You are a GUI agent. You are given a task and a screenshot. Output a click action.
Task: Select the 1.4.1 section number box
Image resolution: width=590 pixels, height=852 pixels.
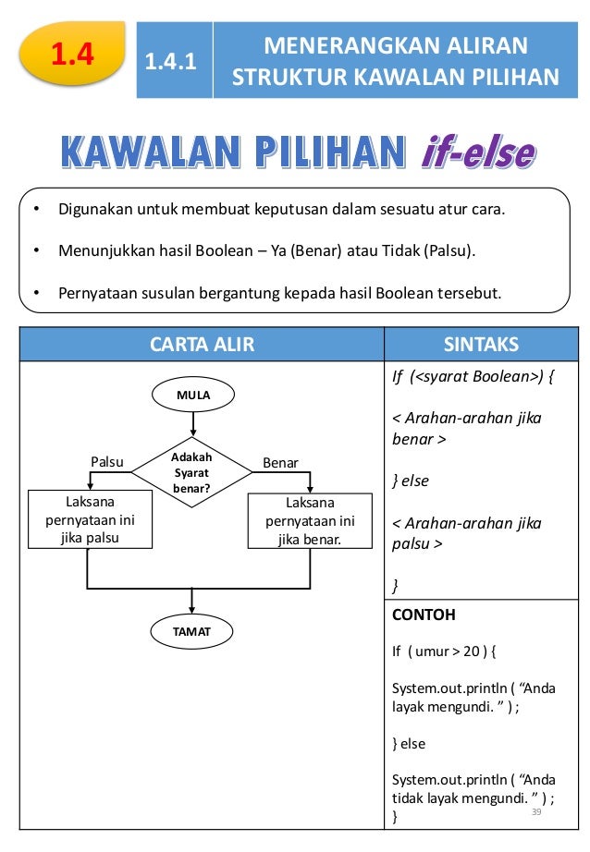pos(175,62)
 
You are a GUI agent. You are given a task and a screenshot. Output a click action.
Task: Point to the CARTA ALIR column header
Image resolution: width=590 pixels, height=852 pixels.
pos(203,345)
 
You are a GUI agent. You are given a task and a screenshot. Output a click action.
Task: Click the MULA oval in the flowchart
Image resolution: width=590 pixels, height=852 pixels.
pos(193,396)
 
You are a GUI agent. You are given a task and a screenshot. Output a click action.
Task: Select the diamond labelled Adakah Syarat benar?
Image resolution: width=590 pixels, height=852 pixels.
pos(192,471)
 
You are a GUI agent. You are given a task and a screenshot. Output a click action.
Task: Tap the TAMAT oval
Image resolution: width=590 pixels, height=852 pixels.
pos(192,632)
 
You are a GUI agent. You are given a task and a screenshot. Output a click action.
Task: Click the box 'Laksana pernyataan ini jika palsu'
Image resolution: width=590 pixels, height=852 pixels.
pos(91,520)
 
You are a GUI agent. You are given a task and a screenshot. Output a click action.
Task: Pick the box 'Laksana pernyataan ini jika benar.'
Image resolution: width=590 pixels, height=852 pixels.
pos(311,520)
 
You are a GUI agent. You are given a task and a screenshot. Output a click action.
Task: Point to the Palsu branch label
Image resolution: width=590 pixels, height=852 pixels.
pos(106,460)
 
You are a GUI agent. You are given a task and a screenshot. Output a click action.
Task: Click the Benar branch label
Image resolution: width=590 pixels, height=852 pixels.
pos(280,460)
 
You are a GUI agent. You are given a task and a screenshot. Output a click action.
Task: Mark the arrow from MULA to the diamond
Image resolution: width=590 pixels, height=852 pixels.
pos(193,424)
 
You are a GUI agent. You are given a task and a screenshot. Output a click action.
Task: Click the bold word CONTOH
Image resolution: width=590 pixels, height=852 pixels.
pos(424,615)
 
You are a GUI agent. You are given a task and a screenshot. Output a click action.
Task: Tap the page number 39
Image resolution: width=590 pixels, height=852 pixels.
pos(535,810)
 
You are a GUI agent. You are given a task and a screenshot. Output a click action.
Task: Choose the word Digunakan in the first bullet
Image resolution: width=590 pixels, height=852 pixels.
pos(96,209)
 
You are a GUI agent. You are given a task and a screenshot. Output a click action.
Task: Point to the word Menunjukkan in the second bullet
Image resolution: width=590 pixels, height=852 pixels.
pos(103,250)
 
